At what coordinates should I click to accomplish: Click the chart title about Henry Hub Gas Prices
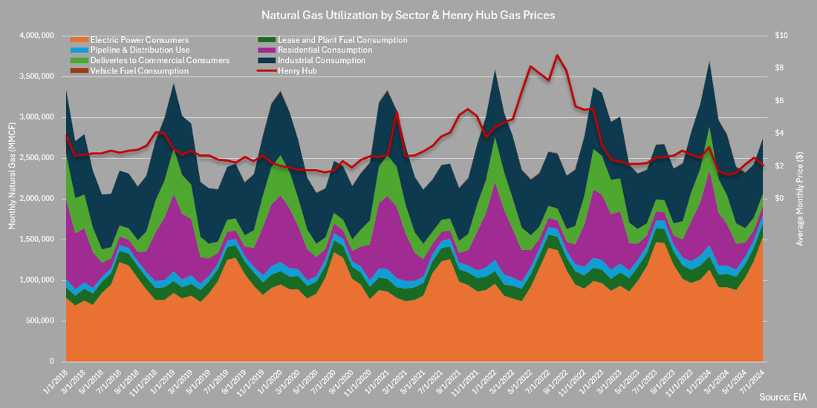[x=408, y=14]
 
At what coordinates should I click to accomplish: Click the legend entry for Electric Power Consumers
[x=138, y=40]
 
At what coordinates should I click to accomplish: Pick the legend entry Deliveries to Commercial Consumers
[x=148, y=61]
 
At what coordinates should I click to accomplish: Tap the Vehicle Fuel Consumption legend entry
[x=137, y=71]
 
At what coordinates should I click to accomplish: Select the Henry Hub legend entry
[x=297, y=71]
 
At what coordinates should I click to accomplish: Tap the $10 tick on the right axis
[x=781, y=36]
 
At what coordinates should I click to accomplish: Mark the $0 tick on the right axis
[x=779, y=199]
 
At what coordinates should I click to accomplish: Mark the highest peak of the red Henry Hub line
[x=557, y=56]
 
